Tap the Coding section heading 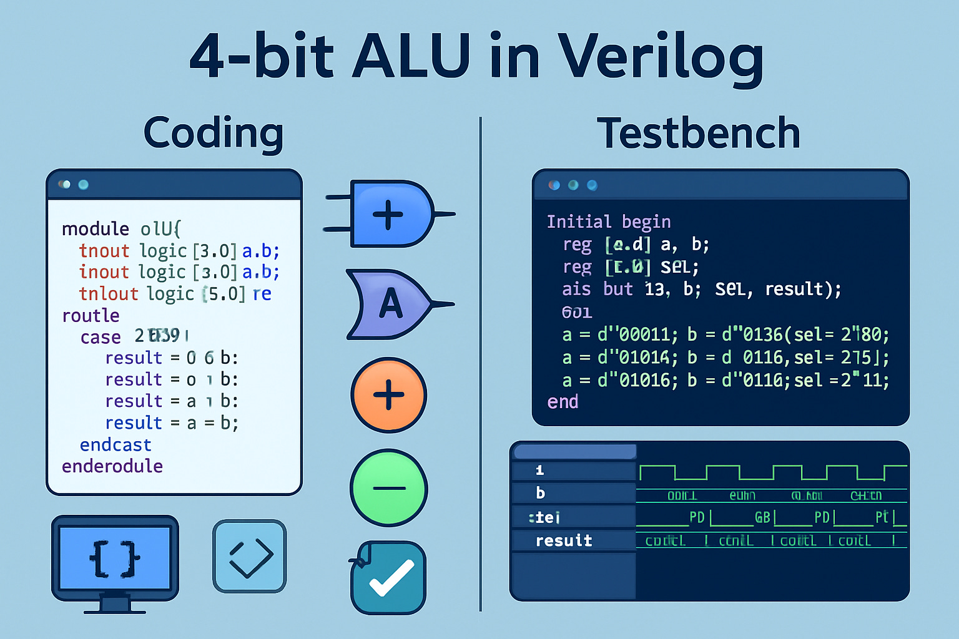click(x=214, y=133)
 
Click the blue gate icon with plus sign click(x=391, y=214)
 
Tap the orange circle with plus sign click(x=388, y=395)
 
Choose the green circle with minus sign click(x=388, y=488)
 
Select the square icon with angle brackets click(x=250, y=556)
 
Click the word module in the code click(x=96, y=229)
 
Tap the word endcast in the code click(x=116, y=445)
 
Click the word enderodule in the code click(x=112, y=466)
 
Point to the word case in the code click(x=101, y=338)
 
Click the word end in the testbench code click(x=563, y=402)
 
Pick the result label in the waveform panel click(x=564, y=540)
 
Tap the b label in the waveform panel click(x=541, y=493)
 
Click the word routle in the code click(x=91, y=316)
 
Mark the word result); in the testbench click(x=803, y=289)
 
